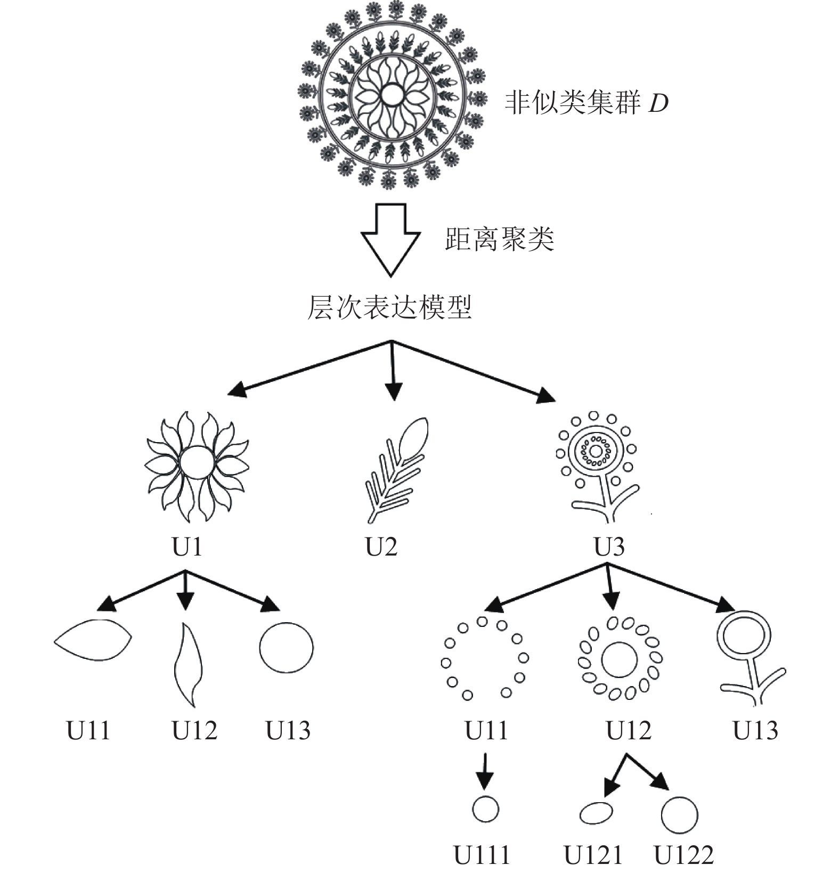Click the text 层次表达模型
(390, 307)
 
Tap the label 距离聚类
(500, 239)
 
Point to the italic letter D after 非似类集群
(658, 103)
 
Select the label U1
(188, 546)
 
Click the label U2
(381, 546)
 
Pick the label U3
(609, 546)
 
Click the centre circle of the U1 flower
(197, 463)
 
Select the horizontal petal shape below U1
(93, 640)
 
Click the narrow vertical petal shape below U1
(188, 665)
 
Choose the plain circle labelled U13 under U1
(287, 648)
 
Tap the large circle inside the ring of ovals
(619, 660)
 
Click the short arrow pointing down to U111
(484, 771)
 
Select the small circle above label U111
(485, 810)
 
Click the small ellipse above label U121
(596, 813)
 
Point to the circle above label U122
(679, 815)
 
